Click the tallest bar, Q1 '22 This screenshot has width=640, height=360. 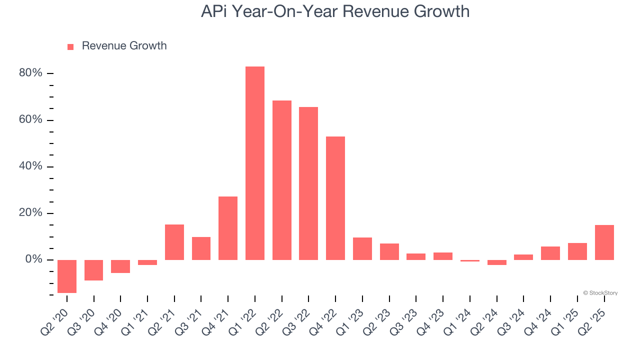(x=255, y=163)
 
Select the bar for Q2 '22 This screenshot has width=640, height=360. (x=282, y=180)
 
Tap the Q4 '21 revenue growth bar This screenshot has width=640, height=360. (x=228, y=228)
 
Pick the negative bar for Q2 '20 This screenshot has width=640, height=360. (x=67, y=276)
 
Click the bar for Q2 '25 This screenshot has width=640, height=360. (x=604, y=242)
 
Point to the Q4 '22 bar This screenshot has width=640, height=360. (x=335, y=198)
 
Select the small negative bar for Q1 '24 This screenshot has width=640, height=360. (x=470, y=260)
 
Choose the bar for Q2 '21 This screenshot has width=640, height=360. (x=174, y=242)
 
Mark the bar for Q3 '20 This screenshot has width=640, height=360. (x=94, y=270)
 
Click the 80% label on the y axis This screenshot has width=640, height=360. (x=30, y=73)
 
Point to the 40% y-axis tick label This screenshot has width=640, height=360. (x=30, y=166)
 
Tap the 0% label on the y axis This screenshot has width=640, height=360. (x=33, y=259)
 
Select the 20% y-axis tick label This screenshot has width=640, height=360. (x=30, y=213)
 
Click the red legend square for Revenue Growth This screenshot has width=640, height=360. (x=70, y=46)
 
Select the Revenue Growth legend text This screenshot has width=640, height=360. (x=124, y=46)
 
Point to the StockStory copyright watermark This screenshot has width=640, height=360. (x=600, y=293)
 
